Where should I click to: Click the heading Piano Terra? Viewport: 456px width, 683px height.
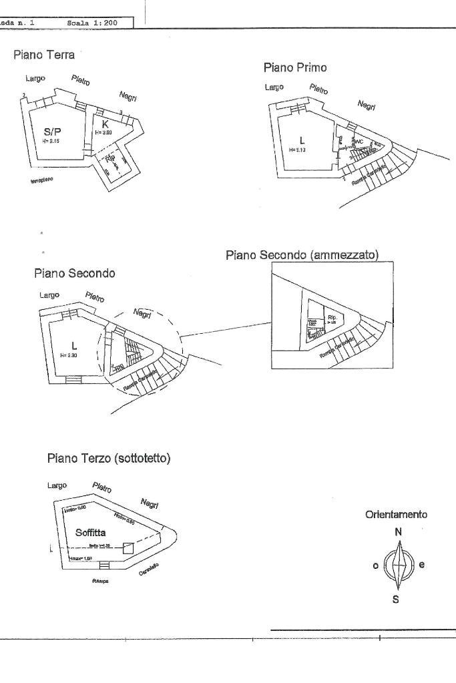coord(44,55)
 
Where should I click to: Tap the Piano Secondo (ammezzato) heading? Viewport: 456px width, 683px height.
coord(302,255)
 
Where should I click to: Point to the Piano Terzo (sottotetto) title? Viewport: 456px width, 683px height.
coord(109,459)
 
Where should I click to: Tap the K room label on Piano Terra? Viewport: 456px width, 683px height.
coord(105,124)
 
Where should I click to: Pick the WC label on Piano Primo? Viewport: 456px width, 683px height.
coord(358,142)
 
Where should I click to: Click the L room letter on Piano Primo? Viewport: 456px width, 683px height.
coord(302,140)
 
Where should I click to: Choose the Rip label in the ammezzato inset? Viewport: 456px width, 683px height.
coord(332,317)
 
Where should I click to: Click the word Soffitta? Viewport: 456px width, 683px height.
coord(90,533)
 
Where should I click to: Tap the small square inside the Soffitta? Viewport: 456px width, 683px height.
coord(129,548)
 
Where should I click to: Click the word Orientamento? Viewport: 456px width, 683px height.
coord(396,515)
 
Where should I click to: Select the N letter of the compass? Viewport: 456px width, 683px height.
coord(398,532)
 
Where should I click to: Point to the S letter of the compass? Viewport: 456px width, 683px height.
coord(396,599)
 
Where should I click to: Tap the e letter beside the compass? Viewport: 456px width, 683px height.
coord(421,564)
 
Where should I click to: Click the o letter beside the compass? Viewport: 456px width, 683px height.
coord(376,565)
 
